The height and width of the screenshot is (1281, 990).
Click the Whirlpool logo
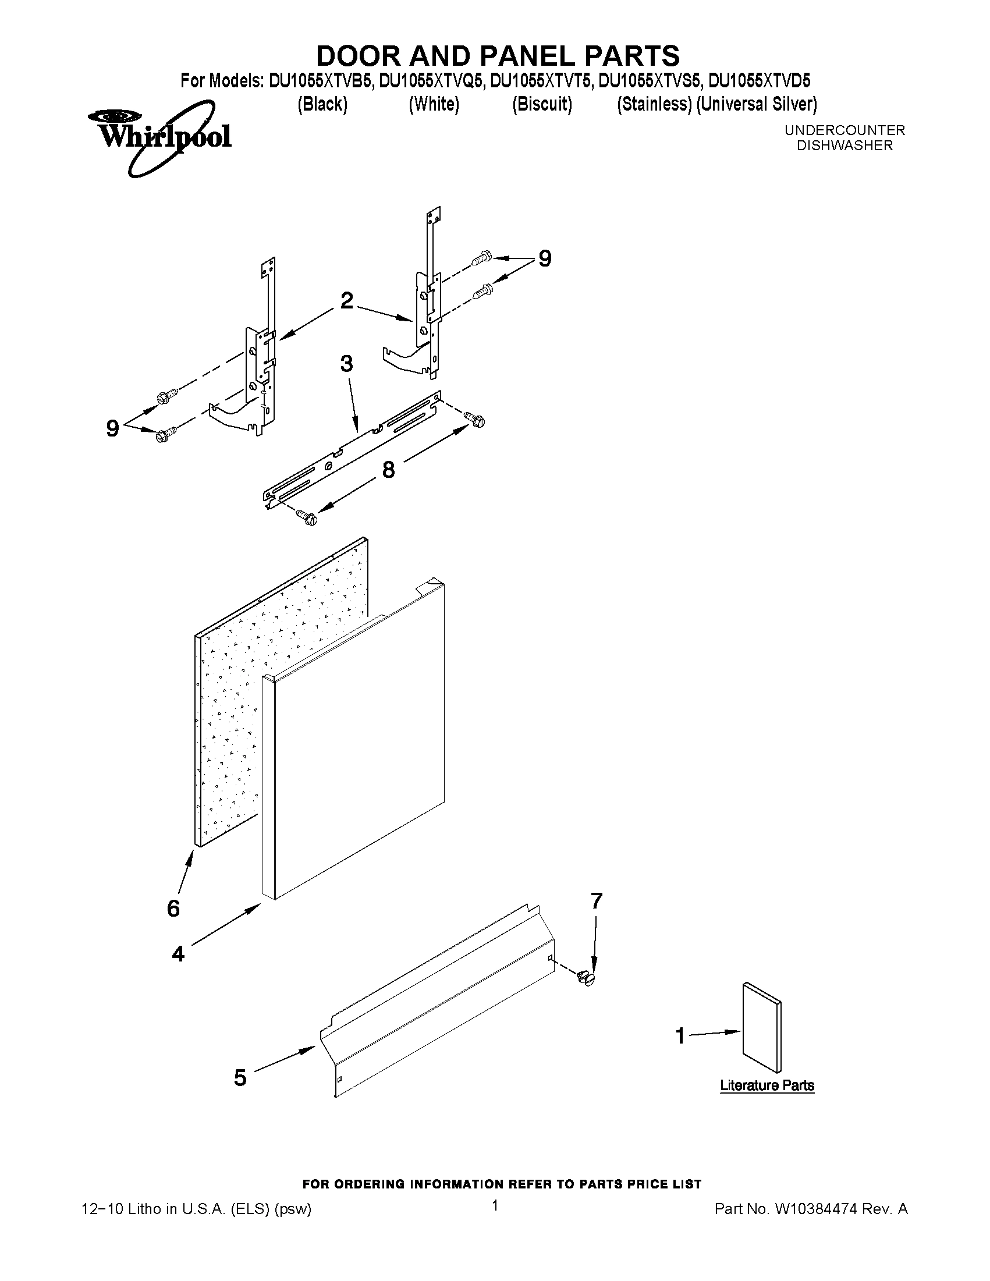(158, 138)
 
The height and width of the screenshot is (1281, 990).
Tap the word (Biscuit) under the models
(541, 104)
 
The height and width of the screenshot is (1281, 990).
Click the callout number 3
(347, 364)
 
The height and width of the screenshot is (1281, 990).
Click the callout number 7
(597, 901)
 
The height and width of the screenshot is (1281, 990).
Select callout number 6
(173, 909)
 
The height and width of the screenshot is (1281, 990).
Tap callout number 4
(178, 954)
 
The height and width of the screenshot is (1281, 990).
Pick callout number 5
(240, 1077)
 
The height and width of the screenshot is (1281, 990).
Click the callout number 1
(680, 1036)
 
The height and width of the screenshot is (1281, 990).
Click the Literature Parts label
(767, 1085)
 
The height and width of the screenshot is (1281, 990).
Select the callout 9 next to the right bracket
(545, 258)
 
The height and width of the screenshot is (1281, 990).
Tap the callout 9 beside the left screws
(112, 429)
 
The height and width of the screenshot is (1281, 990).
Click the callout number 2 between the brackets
(347, 301)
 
